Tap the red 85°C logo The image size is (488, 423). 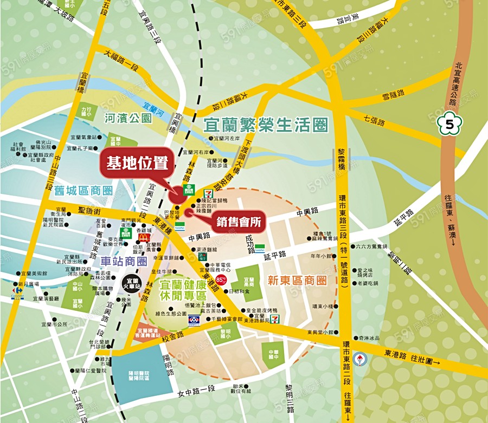click(221, 279)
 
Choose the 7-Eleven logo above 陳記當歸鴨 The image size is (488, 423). click(207, 193)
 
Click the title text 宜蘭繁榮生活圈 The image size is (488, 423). click(266, 125)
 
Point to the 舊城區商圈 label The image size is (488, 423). click(84, 191)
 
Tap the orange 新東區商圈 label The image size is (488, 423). click(297, 281)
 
